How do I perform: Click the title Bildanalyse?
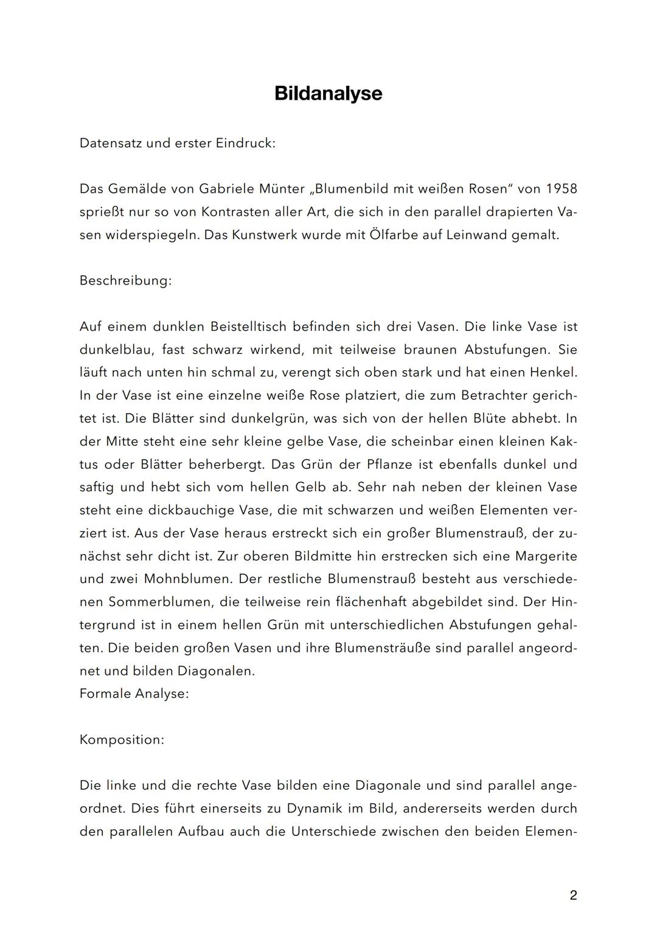click(328, 93)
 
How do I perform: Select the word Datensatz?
click(110, 143)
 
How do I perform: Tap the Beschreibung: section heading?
click(125, 281)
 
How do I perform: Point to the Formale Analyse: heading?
click(134, 694)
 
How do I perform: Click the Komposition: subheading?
click(122, 740)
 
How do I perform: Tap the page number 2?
click(573, 896)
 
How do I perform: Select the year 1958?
click(561, 189)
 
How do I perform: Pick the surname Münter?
click(282, 189)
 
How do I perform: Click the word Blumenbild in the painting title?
click(358, 189)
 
